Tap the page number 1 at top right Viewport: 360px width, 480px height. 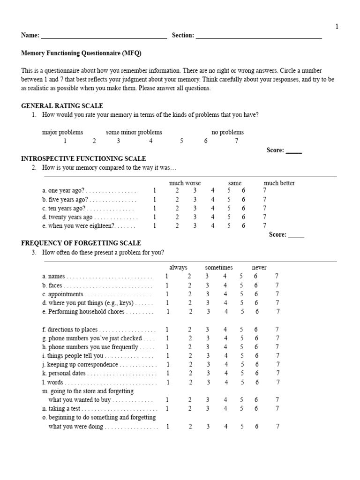coord(337,27)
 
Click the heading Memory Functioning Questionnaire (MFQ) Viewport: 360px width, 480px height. coord(81,53)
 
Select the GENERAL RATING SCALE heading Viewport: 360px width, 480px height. coord(62,106)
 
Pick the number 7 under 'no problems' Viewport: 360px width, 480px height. coord(237,141)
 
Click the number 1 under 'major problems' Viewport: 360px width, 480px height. coord(65,141)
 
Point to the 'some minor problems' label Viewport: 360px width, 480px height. coord(134,132)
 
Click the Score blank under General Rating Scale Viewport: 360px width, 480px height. coord(294,151)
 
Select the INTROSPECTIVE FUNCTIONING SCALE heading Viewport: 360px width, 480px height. coord(84,159)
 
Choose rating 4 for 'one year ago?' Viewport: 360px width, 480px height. coord(212,191)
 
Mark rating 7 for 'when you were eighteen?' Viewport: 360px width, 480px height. coord(264,226)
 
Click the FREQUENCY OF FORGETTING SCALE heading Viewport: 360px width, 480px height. coord(81,243)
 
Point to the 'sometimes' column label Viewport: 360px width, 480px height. coord(218,267)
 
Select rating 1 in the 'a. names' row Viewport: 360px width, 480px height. coord(166,277)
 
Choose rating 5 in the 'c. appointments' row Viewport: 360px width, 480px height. coord(241,294)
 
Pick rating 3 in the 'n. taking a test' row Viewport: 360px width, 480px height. coord(207,409)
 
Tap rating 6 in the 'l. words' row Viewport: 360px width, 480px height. coord(256,382)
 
